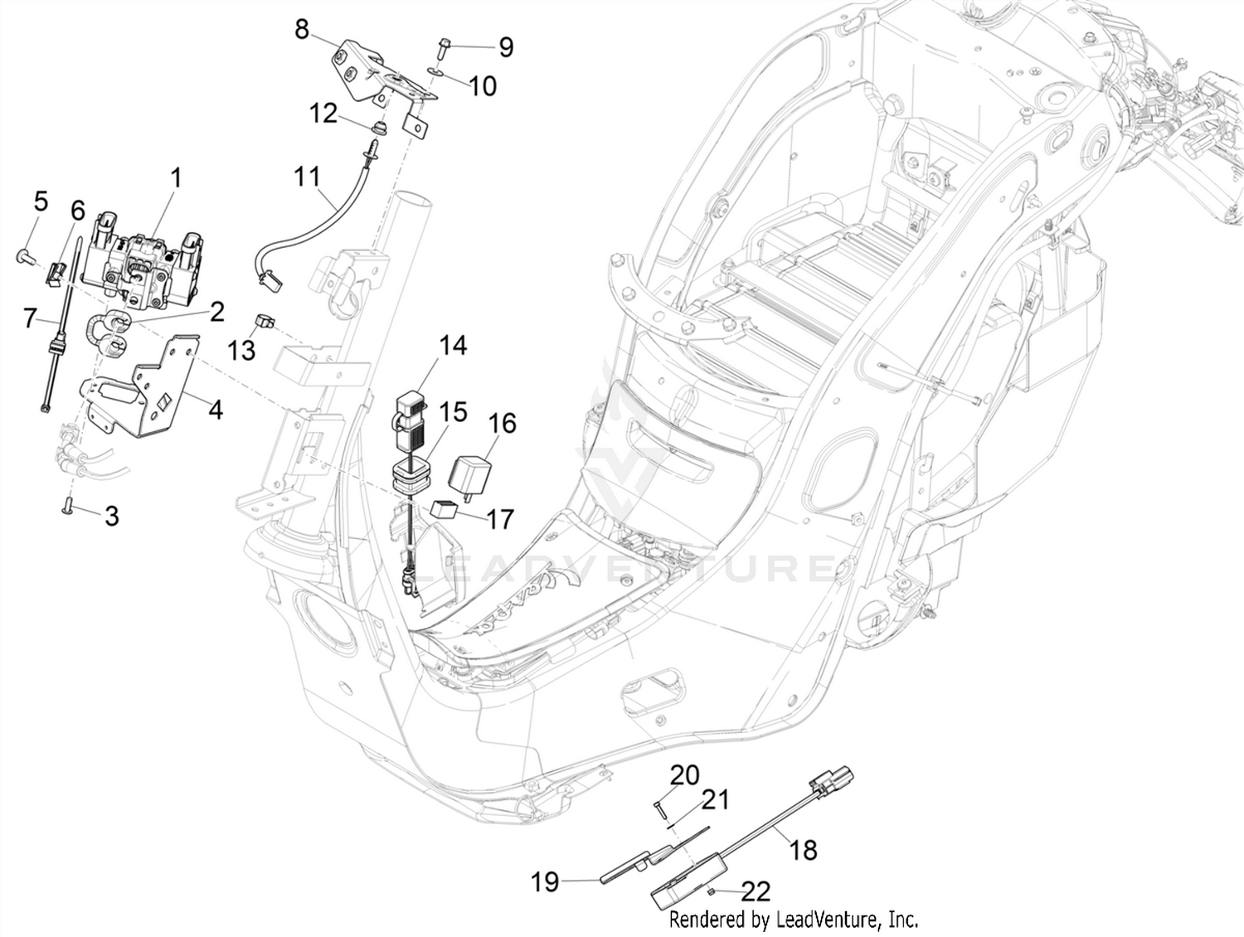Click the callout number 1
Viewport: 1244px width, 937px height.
click(x=177, y=178)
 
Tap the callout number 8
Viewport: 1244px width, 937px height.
click(x=302, y=29)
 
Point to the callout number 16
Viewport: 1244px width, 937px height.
click(x=502, y=423)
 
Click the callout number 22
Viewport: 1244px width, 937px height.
click(x=756, y=891)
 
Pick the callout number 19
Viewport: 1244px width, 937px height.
click(x=545, y=882)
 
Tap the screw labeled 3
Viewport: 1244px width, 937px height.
click(x=66, y=503)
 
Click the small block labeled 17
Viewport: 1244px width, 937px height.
click(x=444, y=509)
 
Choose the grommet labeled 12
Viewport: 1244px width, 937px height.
click(x=377, y=127)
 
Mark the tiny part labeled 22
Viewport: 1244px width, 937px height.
click(x=710, y=893)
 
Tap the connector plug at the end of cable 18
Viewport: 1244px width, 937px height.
click(x=833, y=778)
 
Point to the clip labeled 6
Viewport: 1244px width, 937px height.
click(x=55, y=274)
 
